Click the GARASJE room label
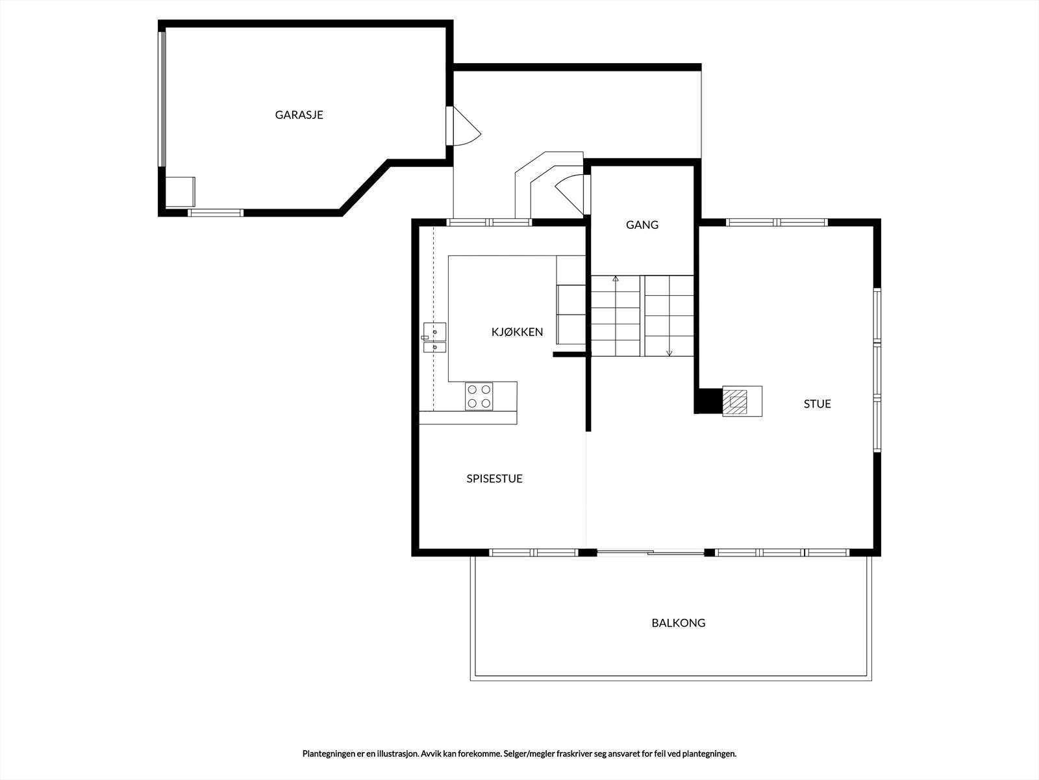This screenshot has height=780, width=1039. click(x=299, y=115)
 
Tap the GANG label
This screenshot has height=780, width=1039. click(x=642, y=225)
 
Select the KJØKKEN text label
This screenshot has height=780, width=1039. click(x=517, y=332)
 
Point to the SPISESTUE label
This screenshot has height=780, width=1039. click(x=494, y=479)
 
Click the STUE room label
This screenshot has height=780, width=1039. click(x=817, y=404)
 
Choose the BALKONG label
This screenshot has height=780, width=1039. click(x=679, y=623)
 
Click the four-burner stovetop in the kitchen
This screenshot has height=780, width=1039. click(x=479, y=396)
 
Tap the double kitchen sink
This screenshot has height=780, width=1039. click(x=434, y=337)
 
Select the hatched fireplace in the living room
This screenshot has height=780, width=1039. click(x=734, y=402)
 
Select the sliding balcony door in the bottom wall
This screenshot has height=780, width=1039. click(x=651, y=552)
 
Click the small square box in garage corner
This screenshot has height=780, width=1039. click(x=181, y=192)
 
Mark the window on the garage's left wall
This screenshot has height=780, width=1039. click(x=162, y=99)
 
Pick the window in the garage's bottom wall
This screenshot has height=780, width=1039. click(x=216, y=213)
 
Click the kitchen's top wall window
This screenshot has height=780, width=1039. click(x=490, y=222)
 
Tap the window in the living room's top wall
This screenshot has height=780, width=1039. click(x=777, y=222)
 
